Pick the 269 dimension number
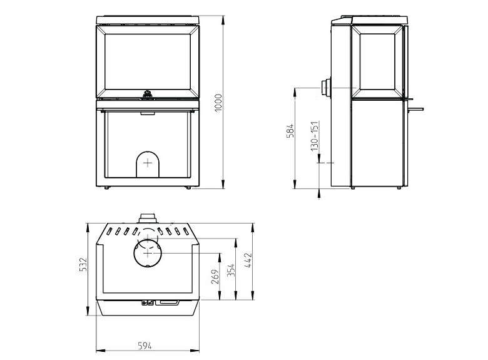[x=215, y=277]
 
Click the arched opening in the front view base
[x=148, y=164]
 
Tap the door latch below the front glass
[x=148, y=95]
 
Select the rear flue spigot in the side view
[x=326, y=88]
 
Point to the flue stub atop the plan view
[x=148, y=218]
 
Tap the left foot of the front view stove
[x=107, y=187]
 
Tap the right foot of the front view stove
[x=188, y=187]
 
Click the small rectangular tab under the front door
[x=148, y=113]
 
